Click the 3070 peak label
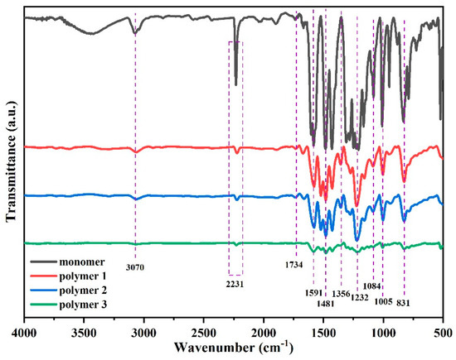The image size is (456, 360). [134, 267]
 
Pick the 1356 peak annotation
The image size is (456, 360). [342, 293]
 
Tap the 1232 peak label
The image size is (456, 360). [360, 298]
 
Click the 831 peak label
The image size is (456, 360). [404, 302]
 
